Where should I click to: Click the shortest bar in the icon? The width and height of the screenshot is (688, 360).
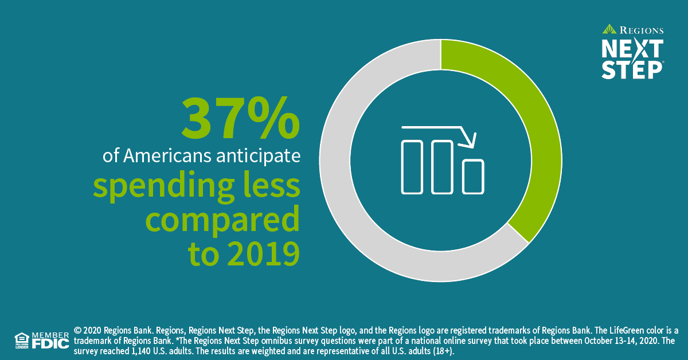click(474, 177)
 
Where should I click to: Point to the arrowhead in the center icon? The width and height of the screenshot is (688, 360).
click(471, 140)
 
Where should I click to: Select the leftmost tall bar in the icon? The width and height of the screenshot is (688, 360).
click(412, 166)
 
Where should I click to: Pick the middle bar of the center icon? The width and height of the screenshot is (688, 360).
click(442, 166)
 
